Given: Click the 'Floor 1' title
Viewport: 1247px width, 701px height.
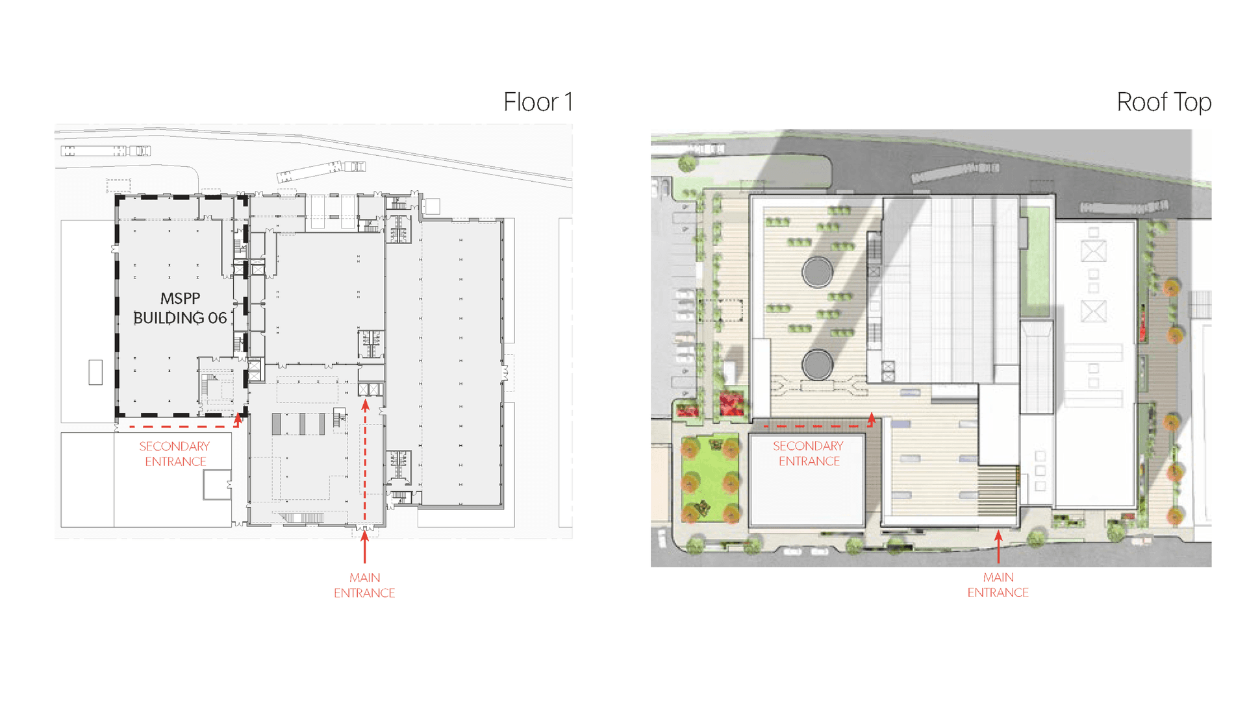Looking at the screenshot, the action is click(x=538, y=102).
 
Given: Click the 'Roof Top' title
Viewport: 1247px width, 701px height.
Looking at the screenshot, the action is click(x=1164, y=103).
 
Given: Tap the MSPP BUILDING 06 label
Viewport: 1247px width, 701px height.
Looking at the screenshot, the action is click(x=180, y=308).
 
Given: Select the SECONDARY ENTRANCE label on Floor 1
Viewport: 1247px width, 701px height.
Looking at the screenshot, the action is click(x=175, y=454).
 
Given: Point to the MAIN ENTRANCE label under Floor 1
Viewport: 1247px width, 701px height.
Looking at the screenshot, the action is click(x=364, y=585).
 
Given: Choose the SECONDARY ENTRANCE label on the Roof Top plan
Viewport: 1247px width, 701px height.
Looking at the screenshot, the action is click(x=809, y=454).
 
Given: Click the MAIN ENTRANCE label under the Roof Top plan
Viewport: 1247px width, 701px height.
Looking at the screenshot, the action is click(x=998, y=585).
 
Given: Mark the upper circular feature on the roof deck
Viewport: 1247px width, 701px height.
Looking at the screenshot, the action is click(x=817, y=271).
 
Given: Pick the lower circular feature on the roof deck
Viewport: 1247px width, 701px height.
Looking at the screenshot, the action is click(x=817, y=365).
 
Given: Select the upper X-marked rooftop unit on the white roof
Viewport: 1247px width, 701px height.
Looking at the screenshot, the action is click(x=1094, y=251).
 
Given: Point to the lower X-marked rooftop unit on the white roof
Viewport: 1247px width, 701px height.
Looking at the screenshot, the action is click(x=1094, y=311).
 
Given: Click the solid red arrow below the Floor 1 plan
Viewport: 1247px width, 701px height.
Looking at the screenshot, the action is click(x=365, y=547).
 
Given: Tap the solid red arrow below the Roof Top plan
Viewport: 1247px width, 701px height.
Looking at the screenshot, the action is click(x=998, y=547).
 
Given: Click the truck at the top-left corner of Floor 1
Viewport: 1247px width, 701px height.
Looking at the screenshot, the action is click(x=106, y=151).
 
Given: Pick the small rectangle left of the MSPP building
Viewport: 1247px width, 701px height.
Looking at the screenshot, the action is click(x=95, y=373).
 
